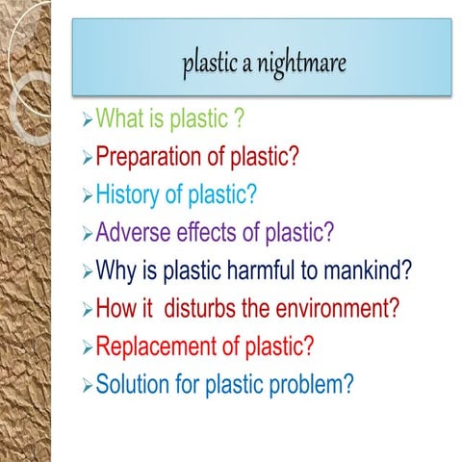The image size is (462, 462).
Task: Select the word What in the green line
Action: pyautogui.click(x=120, y=120)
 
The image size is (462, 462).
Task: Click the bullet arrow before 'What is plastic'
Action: pyautogui.click(x=88, y=122)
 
